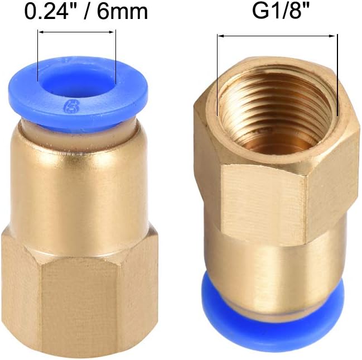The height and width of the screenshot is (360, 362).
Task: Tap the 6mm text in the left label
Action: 123,11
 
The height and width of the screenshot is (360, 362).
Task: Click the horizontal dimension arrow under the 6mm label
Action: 76,32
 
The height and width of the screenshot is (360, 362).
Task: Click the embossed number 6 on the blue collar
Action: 69,107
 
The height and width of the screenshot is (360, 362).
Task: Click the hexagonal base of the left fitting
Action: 80,294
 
